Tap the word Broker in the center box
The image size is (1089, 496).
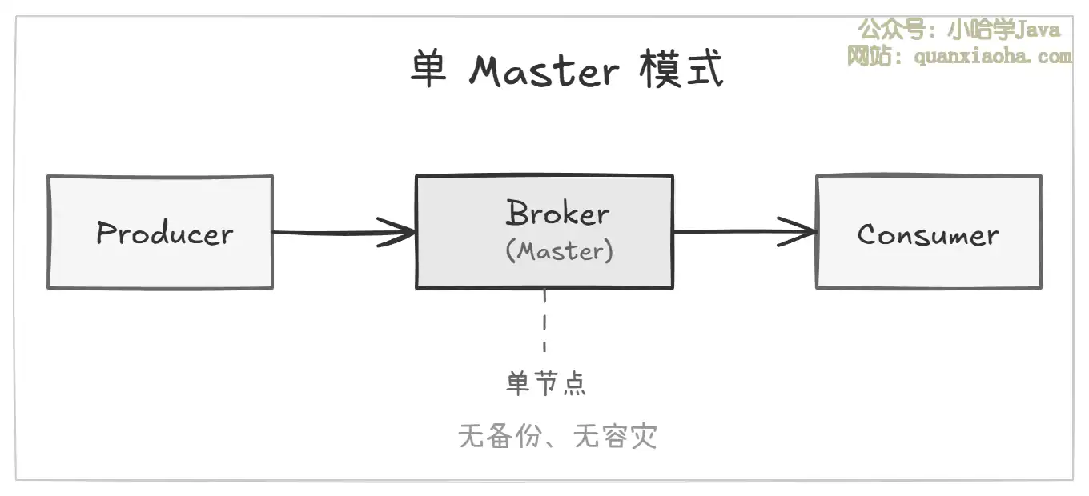pos(557,214)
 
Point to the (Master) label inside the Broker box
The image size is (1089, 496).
pos(560,251)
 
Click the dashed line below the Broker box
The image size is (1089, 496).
pos(544,320)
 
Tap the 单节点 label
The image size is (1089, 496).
pos(546,383)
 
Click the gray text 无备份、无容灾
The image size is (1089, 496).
pos(557,436)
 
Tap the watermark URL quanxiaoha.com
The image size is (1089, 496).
pos(992,56)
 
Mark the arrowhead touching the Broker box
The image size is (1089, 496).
pos(400,233)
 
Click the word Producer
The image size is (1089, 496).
pos(164,233)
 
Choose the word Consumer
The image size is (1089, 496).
pos(928,234)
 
